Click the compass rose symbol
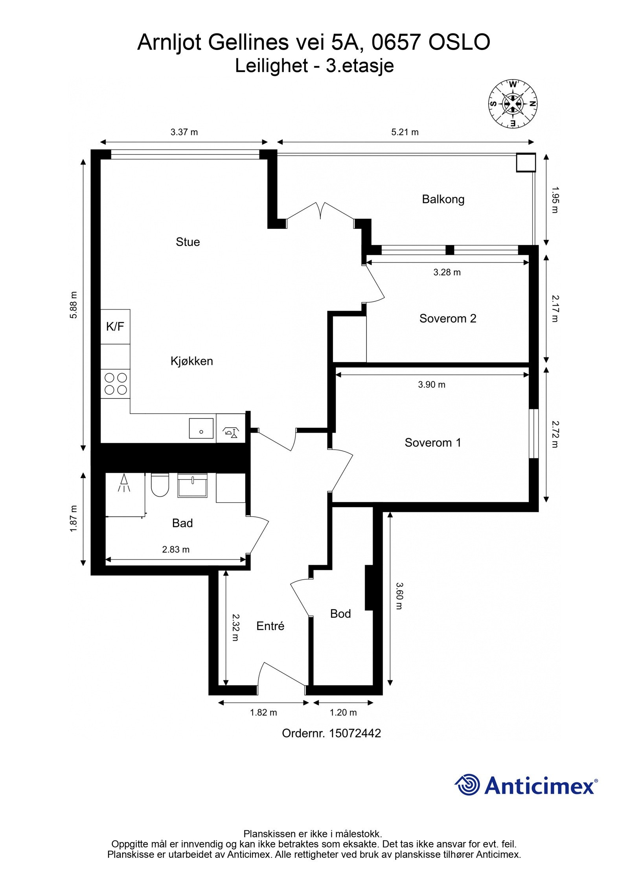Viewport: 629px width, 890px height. pyautogui.click(x=513, y=104)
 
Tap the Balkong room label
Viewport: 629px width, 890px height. pyautogui.click(x=443, y=199)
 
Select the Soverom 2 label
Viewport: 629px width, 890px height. pyautogui.click(x=448, y=318)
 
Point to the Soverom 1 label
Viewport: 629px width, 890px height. pyautogui.click(x=433, y=442)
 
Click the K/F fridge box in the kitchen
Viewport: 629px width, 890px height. pyautogui.click(x=115, y=326)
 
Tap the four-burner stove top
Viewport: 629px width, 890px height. pyautogui.click(x=116, y=384)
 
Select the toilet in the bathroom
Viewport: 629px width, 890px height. pyautogui.click(x=160, y=485)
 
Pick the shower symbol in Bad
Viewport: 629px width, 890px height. pyautogui.click(x=124, y=483)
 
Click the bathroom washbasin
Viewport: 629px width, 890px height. pyautogui.click(x=192, y=485)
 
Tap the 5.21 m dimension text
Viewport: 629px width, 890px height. pyautogui.click(x=405, y=132)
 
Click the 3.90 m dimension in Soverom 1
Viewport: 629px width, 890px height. pyautogui.click(x=432, y=385)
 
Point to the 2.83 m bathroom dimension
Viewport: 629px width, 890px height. pyautogui.click(x=176, y=549)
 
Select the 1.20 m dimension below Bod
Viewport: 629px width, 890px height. pyautogui.click(x=343, y=712)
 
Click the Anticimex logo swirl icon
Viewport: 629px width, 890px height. pyautogui.click(x=467, y=784)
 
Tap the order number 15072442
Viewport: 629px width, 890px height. pyautogui.click(x=355, y=733)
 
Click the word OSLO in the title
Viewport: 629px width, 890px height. pyautogui.click(x=459, y=42)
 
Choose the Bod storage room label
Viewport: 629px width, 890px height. pyautogui.click(x=340, y=614)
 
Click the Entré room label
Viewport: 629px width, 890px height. pyautogui.click(x=270, y=626)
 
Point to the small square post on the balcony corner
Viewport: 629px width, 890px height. pyautogui.click(x=526, y=162)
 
